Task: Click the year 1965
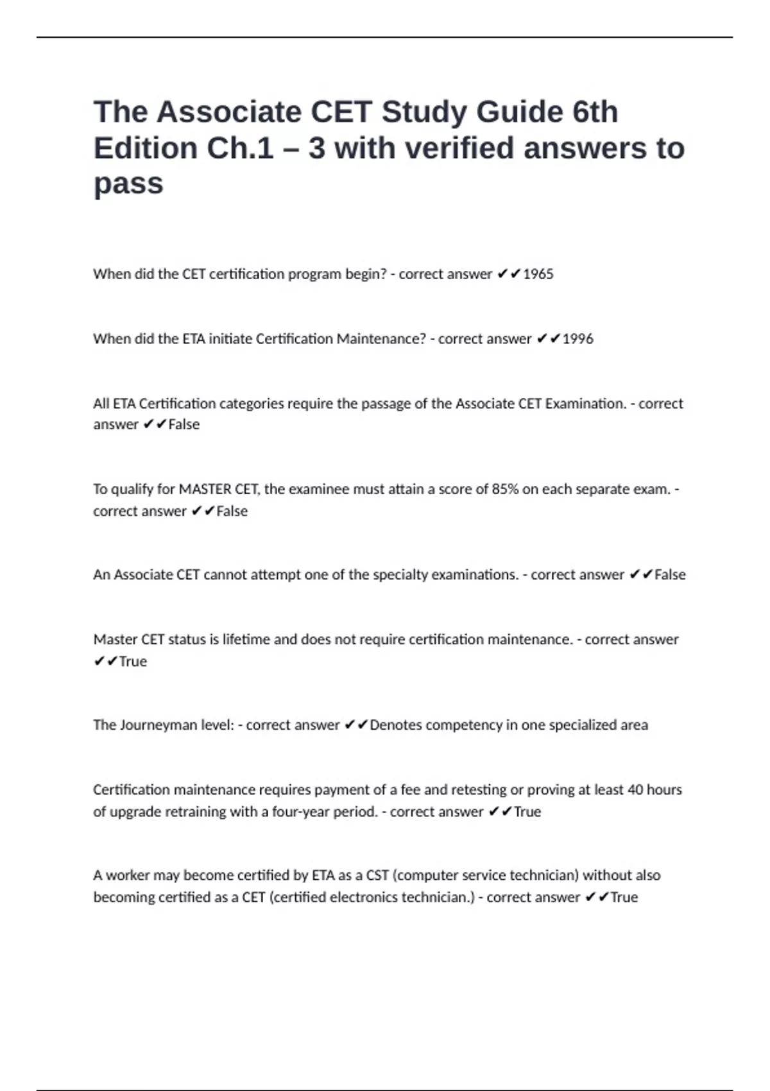[538, 274]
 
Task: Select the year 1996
[577, 339]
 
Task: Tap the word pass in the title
[128, 184]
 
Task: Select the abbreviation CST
[377, 875]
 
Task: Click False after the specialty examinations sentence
[670, 574]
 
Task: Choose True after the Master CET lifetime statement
[133, 662]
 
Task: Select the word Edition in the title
[146, 148]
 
